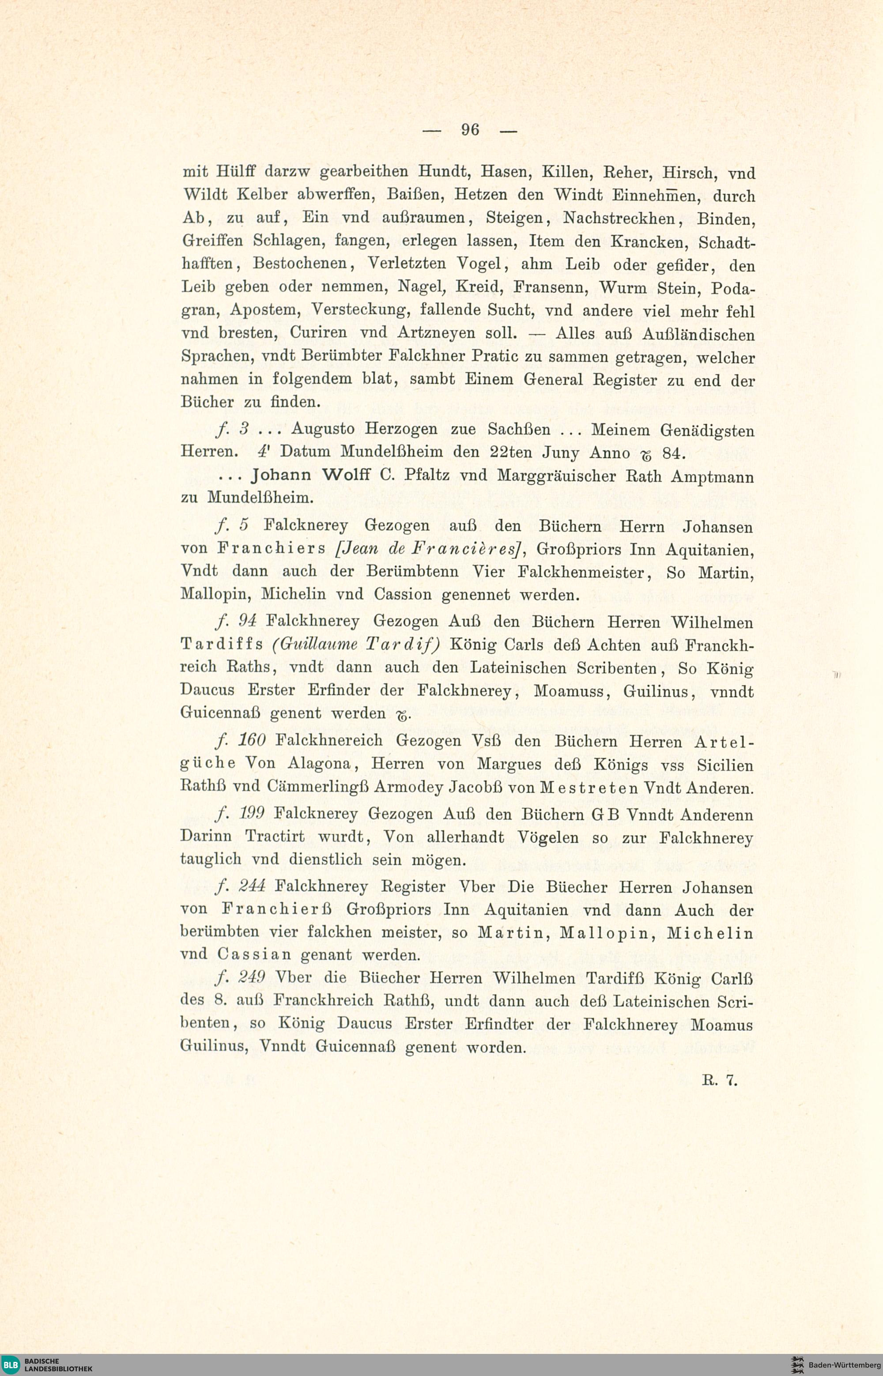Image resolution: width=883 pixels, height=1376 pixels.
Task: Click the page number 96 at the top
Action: (470, 130)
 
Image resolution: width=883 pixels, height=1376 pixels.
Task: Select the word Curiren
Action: (317, 333)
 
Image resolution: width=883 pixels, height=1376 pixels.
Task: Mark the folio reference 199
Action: (251, 814)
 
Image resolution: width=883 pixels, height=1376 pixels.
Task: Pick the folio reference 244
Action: (251, 886)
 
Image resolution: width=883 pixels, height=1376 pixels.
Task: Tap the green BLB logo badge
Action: (11, 1364)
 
